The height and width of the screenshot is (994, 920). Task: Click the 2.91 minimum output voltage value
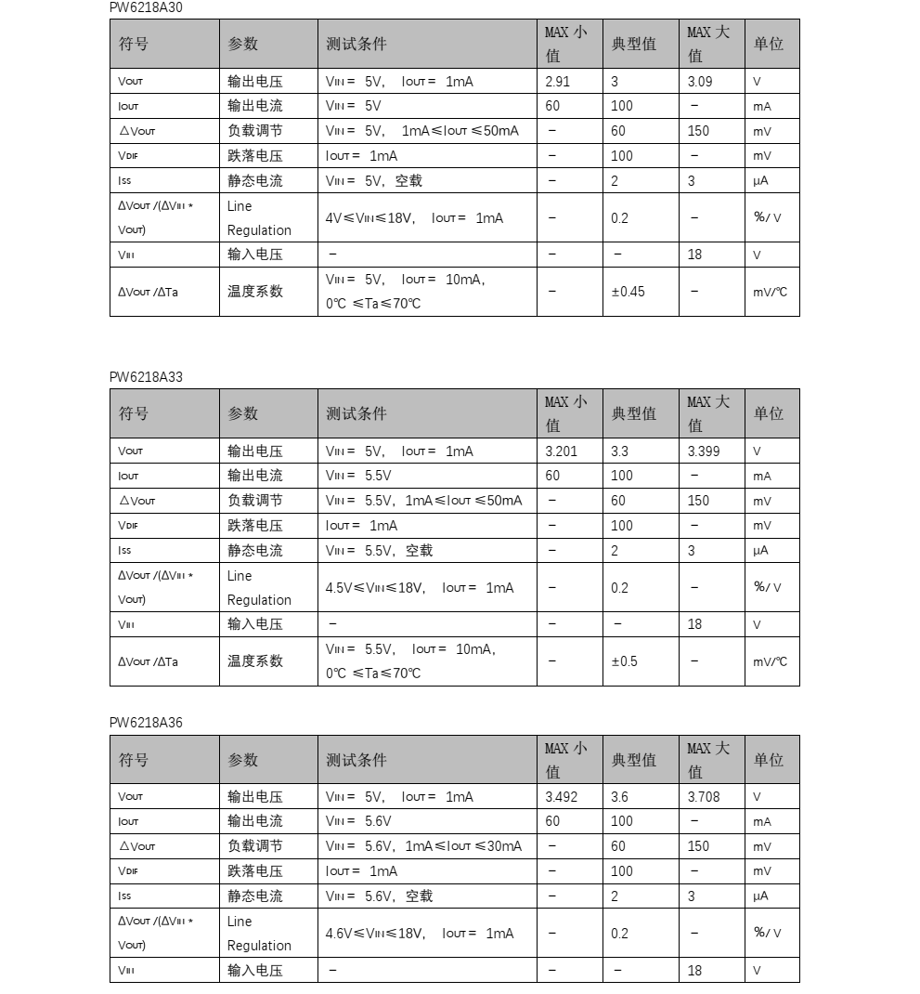point(558,82)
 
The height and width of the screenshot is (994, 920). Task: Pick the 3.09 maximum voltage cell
point(700,82)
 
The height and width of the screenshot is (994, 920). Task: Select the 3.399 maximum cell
point(703,451)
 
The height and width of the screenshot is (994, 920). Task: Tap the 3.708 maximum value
point(703,797)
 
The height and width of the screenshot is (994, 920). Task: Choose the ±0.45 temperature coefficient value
point(628,292)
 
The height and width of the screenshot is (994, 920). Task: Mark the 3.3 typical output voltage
point(619,451)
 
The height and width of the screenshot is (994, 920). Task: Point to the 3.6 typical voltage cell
point(619,797)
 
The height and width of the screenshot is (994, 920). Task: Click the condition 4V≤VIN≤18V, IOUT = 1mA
point(414,218)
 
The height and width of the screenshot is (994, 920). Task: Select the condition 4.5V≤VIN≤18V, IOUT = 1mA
point(419,588)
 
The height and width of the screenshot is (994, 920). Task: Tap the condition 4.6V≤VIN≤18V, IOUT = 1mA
point(419,934)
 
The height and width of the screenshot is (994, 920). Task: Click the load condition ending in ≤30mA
point(423,846)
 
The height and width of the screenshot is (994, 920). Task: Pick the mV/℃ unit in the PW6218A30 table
point(770,292)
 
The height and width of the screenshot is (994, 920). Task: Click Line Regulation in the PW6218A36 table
point(259,934)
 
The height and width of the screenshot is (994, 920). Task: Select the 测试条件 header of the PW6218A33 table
point(356,413)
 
